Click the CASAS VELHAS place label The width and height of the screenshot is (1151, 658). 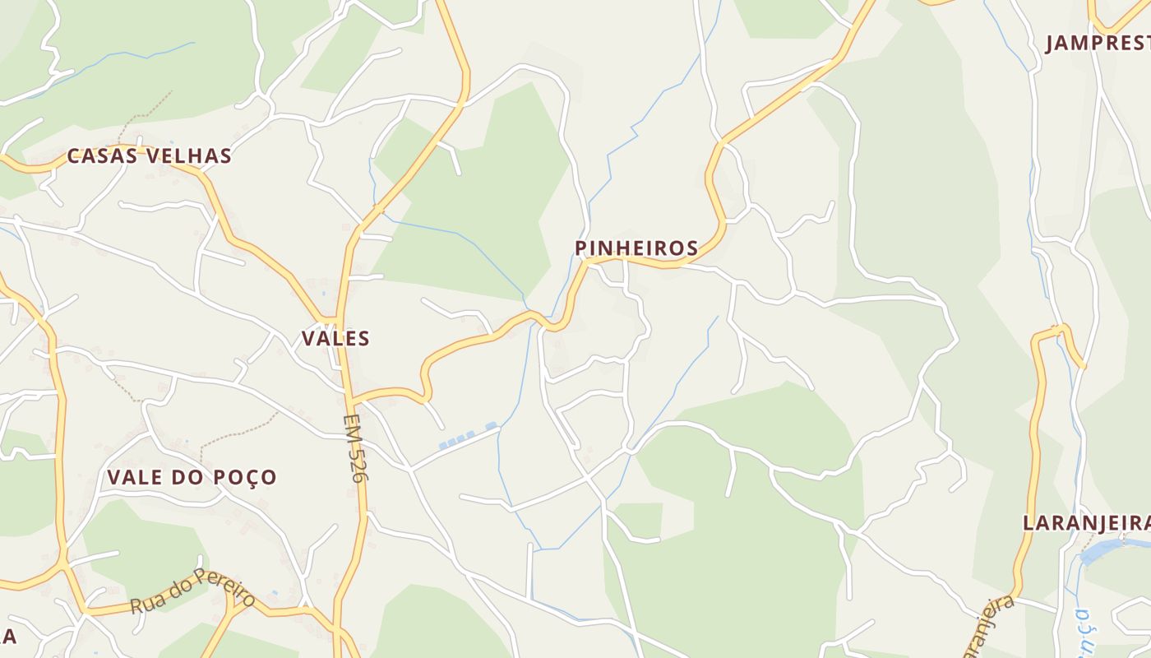[x=149, y=155]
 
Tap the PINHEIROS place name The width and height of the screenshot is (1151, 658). [x=636, y=248]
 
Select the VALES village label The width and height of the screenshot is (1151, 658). [x=335, y=338]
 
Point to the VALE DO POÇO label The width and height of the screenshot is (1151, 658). [x=192, y=477]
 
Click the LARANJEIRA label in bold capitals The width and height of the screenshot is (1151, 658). [x=1085, y=522]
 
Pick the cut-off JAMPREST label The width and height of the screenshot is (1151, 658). [x=1098, y=43]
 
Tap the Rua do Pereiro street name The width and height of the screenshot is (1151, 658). [x=192, y=591]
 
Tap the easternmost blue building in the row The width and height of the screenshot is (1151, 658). [x=491, y=426]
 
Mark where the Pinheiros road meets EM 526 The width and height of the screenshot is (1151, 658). [x=351, y=400]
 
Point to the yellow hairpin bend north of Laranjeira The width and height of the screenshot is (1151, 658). [x=1061, y=331]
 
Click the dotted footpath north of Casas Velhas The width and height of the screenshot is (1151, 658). [x=144, y=115]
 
